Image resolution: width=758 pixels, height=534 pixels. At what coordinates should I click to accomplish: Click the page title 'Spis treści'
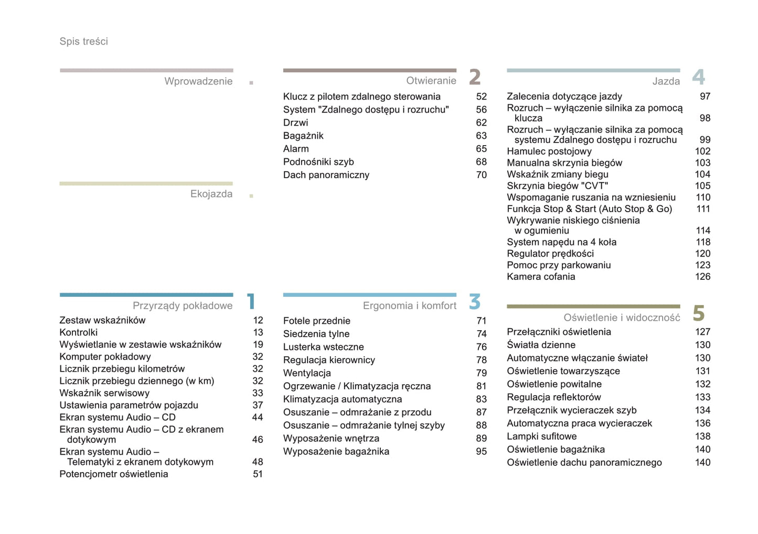coord(83,41)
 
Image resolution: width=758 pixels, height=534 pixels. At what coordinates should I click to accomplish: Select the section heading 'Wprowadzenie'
coord(198,81)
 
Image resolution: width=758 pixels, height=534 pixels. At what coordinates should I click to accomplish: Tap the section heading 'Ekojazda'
coord(211,194)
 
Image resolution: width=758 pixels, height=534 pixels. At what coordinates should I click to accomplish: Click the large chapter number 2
coord(475,78)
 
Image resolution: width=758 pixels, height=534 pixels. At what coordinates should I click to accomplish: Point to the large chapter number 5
coord(698,314)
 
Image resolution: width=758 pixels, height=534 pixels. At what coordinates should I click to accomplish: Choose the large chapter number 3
coord(475,302)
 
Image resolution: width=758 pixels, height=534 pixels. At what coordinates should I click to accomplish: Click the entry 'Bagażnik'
coord(303,136)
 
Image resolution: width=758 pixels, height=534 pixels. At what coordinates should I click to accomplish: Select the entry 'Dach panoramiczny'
coord(326,175)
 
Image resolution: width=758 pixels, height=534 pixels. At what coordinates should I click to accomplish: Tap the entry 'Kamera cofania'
coord(541,277)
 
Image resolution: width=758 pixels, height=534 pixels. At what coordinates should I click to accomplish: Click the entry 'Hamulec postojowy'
coord(549,151)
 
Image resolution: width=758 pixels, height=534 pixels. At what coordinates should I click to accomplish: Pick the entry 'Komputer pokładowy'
coord(105,357)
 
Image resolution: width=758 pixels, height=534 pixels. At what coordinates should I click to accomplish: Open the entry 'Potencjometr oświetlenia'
coord(113,474)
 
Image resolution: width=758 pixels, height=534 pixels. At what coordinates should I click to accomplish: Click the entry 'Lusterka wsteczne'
coord(323,347)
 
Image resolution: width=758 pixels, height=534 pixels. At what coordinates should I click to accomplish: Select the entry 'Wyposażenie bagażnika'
coord(336,452)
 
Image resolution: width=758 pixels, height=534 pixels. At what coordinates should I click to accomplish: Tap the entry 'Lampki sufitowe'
coord(541,437)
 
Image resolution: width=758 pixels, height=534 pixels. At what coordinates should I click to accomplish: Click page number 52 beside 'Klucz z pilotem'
coord(481,97)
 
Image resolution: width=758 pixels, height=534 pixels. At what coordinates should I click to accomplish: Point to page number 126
coord(702,277)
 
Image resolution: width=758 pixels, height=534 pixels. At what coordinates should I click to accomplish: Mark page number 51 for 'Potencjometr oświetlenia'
coord(258,474)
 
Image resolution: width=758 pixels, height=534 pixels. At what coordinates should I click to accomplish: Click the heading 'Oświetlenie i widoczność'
coord(622,318)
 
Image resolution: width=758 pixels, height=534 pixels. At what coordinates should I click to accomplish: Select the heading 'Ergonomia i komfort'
coord(409,306)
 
